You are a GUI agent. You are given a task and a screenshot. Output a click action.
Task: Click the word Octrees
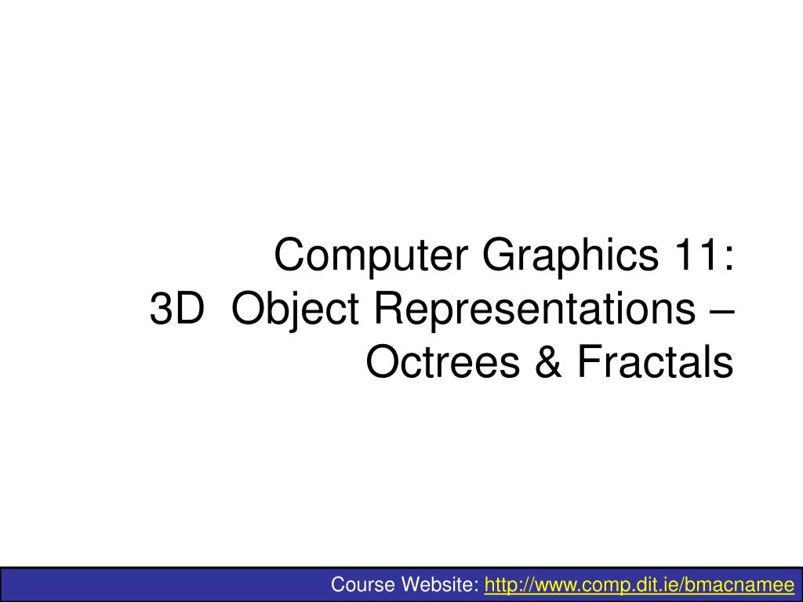(x=446, y=362)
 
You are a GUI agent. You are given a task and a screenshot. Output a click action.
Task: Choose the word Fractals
(x=655, y=362)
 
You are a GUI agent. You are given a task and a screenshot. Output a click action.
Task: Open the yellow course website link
(x=640, y=585)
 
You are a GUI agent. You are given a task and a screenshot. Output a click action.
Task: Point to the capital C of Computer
(x=289, y=256)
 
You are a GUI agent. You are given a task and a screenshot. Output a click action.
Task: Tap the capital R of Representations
(x=386, y=310)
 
